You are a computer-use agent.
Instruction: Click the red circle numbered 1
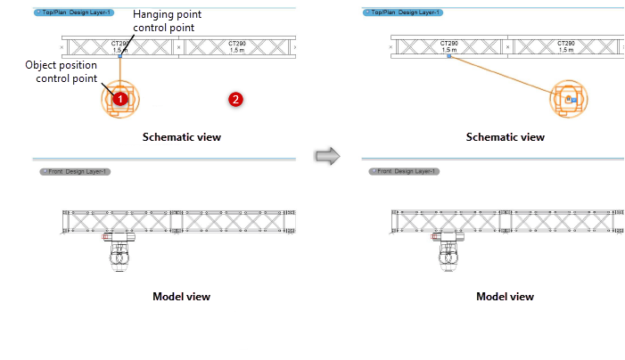pos(120,99)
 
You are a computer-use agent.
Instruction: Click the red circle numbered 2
pos(235,99)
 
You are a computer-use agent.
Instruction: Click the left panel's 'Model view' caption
pos(182,296)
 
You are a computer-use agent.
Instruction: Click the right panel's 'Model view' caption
pos(505,296)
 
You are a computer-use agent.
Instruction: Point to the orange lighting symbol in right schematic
pos(570,100)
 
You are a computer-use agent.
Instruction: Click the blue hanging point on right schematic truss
pos(448,57)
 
